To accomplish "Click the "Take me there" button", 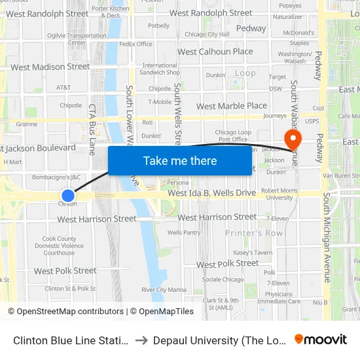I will click(180, 161).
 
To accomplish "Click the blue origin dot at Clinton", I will click(67, 196).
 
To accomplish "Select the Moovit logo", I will click(320, 340).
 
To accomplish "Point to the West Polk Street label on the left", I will click(65, 271).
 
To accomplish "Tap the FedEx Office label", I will click(135, 45).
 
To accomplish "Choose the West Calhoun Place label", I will click(215, 52).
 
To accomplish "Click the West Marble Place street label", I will click(231, 106).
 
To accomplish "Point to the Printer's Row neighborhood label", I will click(254, 233).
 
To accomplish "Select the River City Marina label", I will click(164, 290).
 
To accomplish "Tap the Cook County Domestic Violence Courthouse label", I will click(59, 246).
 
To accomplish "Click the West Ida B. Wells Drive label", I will click(211, 193).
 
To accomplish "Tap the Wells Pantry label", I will click(184, 232).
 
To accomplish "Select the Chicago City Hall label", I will click(207, 34).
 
